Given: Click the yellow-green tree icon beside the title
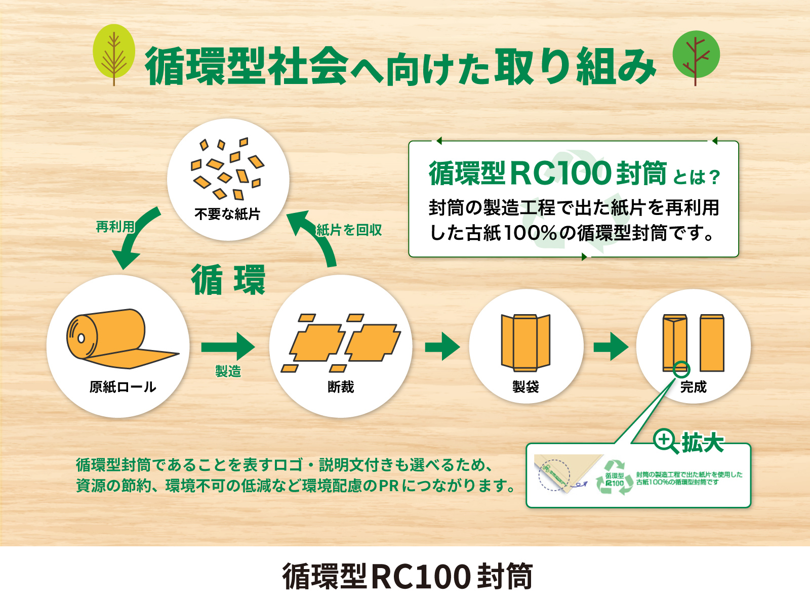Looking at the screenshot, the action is [114, 55].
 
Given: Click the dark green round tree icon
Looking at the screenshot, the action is [696, 58].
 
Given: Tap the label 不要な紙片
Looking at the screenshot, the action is [227, 214].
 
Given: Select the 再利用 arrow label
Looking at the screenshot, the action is [115, 227].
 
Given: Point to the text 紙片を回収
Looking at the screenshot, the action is [349, 230].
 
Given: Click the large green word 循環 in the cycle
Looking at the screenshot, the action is [228, 280].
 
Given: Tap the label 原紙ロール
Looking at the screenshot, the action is [123, 387].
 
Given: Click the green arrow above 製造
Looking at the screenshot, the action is [228, 346].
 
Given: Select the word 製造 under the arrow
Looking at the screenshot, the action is [228, 371].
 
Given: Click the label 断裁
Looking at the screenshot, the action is [341, 387].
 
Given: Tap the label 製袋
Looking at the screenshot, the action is [525, 387].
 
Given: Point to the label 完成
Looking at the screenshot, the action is [694, 387].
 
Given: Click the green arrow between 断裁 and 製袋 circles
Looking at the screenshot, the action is [442, 346].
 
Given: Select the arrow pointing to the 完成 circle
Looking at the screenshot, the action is [611, 346].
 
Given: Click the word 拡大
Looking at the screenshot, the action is [702, 442].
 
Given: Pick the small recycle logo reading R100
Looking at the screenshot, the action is [615, 478].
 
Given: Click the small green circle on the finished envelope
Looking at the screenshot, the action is [681, 369].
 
